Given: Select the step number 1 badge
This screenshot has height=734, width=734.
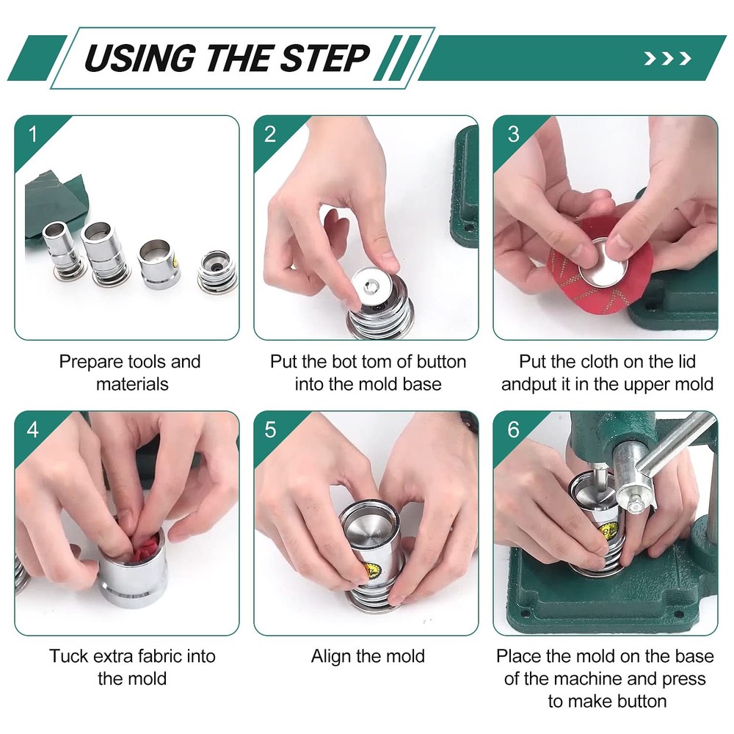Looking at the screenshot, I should point(32,134).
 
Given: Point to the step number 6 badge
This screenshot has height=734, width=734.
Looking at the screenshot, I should point(512,429).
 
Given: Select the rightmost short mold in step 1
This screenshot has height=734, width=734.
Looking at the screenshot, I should point(217,272).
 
